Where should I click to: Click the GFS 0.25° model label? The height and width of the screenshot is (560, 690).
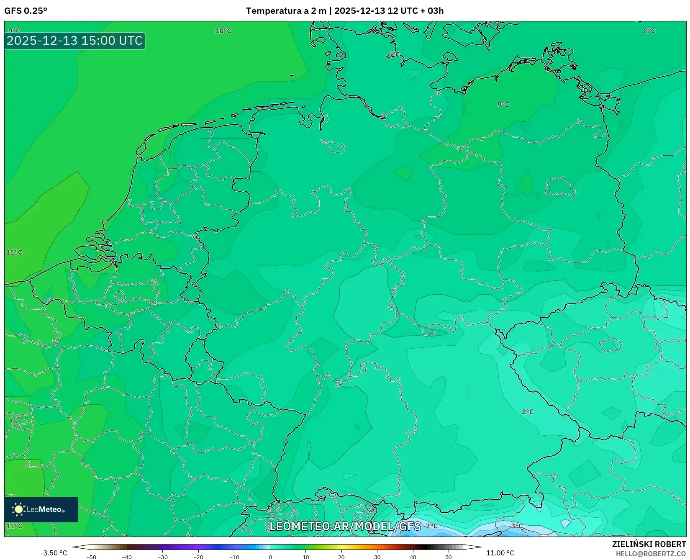click(x=26, y=11)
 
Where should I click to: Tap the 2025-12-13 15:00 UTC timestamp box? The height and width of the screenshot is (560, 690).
click(x=74, y=41)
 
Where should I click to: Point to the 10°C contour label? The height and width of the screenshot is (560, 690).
click(x=223, y=31)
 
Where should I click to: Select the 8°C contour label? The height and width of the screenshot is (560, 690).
click(x=649, y=31)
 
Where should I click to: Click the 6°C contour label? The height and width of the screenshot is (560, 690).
click(x=393, y=55)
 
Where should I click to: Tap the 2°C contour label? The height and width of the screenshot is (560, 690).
click(x=528, y=412)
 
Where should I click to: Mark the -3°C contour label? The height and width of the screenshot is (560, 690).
click(x=516, y=526)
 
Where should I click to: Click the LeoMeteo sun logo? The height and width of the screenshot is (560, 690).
click(x=18, y=509)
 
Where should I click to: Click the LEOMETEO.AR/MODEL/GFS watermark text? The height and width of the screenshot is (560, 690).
click(x=345, y=526)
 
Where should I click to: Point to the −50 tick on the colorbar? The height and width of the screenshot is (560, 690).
click(x=91, y=557)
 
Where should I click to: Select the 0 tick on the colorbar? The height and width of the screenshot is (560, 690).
click(x=270, y=557)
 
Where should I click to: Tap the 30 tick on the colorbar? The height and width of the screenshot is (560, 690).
click(x=377, y=557)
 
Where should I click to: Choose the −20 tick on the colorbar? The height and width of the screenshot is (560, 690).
click(x=198, y=557)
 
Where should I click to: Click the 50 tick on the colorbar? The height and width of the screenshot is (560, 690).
click(x=449, y=557)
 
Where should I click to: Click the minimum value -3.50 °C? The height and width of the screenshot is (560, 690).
click(x=54, y=553)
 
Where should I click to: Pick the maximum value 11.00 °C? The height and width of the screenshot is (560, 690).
click(x=500, y=553)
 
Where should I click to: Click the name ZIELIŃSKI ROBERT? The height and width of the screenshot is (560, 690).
click(x=649, y=544)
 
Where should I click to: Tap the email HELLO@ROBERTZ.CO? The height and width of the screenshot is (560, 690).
click(x=651, y=554)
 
